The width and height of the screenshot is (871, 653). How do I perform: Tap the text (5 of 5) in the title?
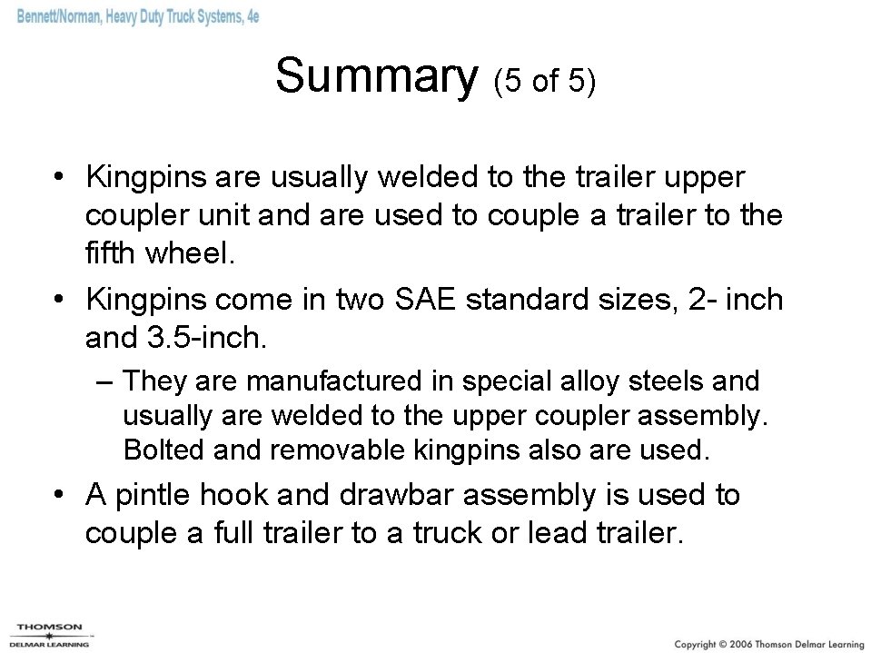point(544,83)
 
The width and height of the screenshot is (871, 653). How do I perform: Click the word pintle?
point(152,495)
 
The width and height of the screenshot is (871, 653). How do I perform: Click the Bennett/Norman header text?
point(136,16)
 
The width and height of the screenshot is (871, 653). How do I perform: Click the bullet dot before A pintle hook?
point(58,495)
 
